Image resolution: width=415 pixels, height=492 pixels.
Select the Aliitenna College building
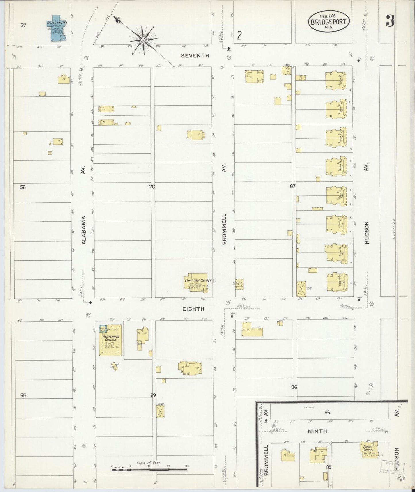tap(110, 341)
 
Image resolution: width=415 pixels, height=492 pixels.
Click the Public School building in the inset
tap(369, 452)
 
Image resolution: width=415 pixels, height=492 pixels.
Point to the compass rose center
tap(143, 40)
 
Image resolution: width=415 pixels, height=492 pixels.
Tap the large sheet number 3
tap(390, 21)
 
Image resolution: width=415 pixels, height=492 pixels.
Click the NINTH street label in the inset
tap(317, 431)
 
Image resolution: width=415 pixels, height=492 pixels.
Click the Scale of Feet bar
tap(149, 470)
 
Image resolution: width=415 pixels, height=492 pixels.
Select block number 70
tap(152, 187)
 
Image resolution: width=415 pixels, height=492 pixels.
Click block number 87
tap(293, 186)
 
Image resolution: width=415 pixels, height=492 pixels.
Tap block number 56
tap(23, 187)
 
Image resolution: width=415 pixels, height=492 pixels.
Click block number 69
tap(153, 395)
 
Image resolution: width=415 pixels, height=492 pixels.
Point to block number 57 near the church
tap(23, 25)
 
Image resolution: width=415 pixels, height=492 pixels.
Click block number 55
tap(23, 396)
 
